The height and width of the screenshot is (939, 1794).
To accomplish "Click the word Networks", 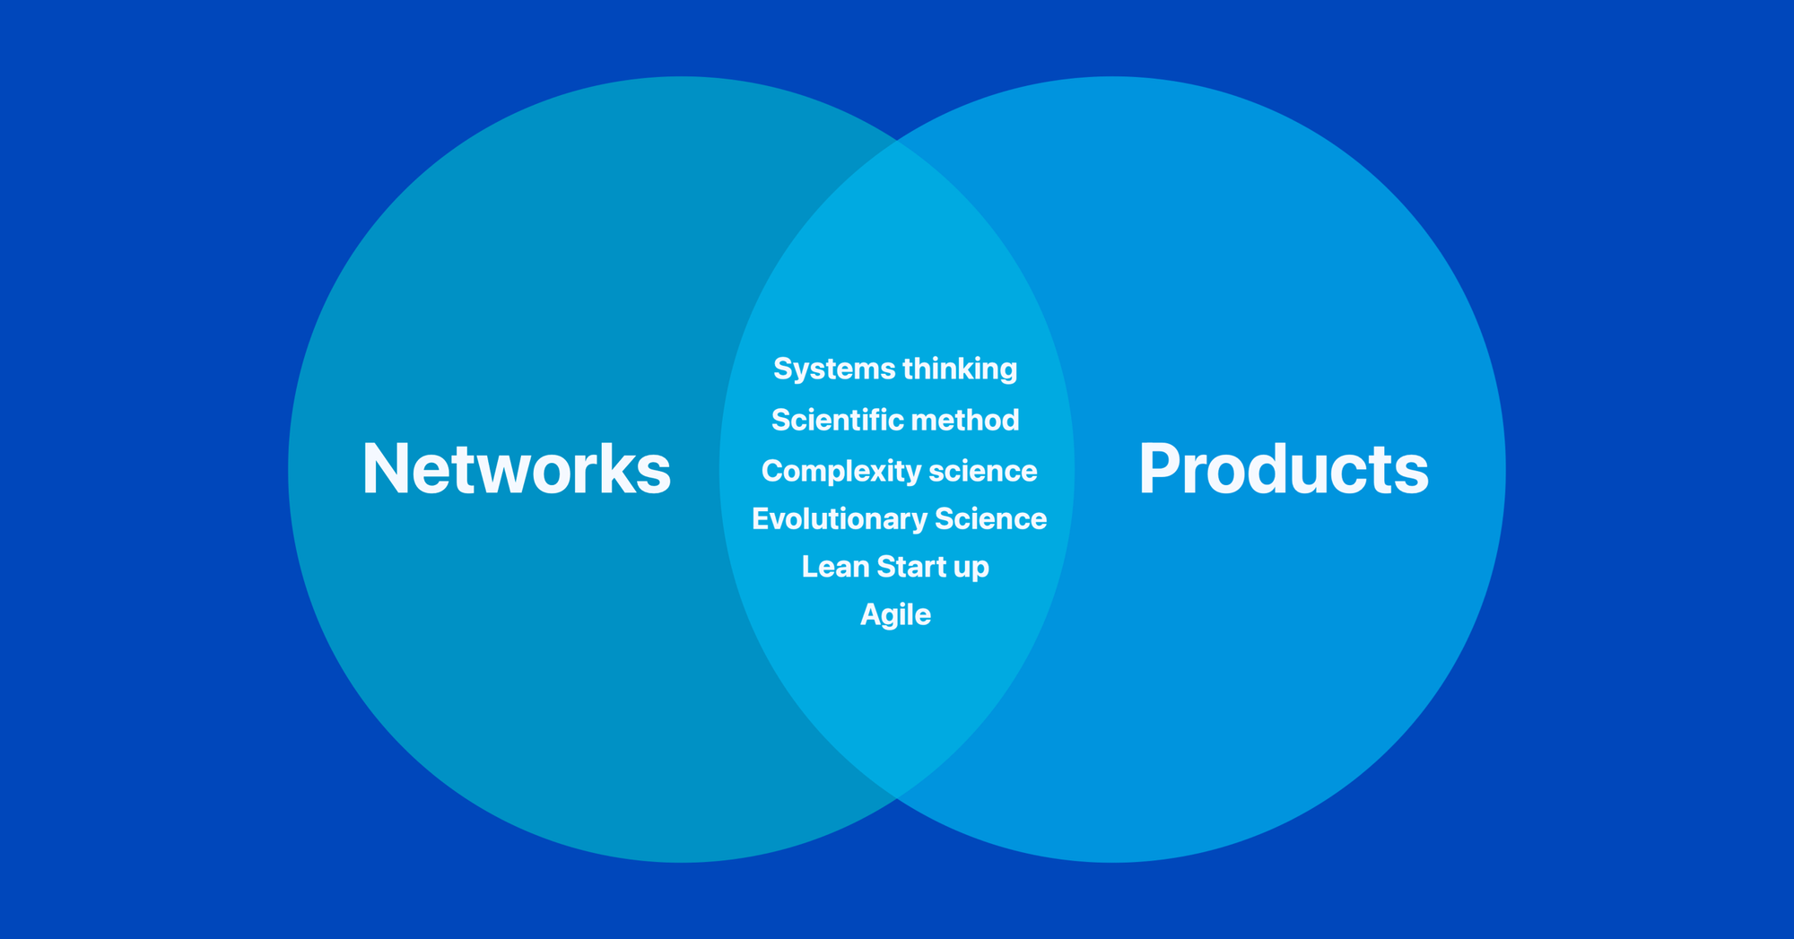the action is [517, 468].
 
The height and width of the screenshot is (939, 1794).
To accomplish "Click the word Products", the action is [1284, 468].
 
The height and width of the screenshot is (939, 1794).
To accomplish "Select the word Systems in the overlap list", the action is [834, 370].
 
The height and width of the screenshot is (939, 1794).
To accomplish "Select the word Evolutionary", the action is [840, 519].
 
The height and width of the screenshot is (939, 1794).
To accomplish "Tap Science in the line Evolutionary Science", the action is [991, 518].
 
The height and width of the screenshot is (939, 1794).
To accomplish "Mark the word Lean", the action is [835, 567].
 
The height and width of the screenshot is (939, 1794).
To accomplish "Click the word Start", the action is [911, 567].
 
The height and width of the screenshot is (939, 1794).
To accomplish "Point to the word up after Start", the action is [971, 569].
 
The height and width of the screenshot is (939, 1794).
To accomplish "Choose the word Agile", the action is [895, 615].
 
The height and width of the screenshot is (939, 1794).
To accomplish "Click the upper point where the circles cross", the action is [897, 141].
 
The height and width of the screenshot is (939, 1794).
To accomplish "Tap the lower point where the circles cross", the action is [897, 798].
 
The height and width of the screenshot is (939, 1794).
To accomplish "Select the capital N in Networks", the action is [386, 468].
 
